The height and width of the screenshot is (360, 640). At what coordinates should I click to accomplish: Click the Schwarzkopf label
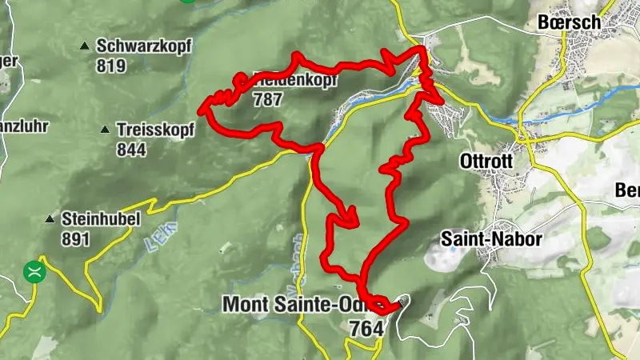coord(143,46)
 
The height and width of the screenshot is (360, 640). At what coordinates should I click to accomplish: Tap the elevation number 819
coord(110,66)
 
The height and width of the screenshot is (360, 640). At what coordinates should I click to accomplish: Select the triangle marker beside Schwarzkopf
coord(85,46)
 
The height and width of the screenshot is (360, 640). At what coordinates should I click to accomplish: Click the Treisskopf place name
coord(154,129)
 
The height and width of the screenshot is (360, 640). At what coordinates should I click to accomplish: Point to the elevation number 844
coord(131,149)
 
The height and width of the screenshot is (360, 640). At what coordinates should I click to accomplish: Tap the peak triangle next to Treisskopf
coord(106,130)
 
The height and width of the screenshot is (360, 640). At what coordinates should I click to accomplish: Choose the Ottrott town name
coord(485,161)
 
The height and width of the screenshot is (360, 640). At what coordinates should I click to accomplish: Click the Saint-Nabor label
coord(492,239)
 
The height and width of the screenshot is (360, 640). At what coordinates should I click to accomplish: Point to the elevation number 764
coord(366,328)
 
